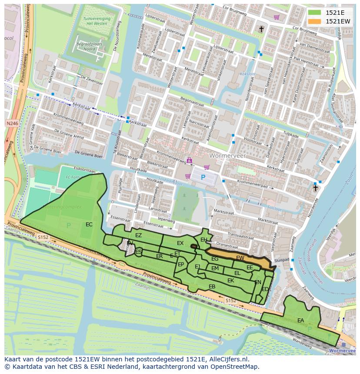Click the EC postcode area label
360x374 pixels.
pyautogui.click(x=89, y=225)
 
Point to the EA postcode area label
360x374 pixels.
pyautogui.click(x=300, y=321)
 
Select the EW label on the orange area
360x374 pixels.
pyautogui.click(x=240, y=258)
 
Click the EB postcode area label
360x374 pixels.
pyautogui.click(x=212, y=287)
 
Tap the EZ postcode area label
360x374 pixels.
pyautogui.click(x=138, y=235)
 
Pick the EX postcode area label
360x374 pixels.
pyautogui.click(x=180, y=243)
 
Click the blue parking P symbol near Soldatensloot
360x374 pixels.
pyautogui.click(x=203, y=178)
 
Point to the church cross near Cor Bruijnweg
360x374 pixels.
pyautogui.click(x=261, y=29)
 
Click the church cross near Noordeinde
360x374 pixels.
pyautogui.click(x=316, y=188)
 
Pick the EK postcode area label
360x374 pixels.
pyautogui.click(x=231, y=281)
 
